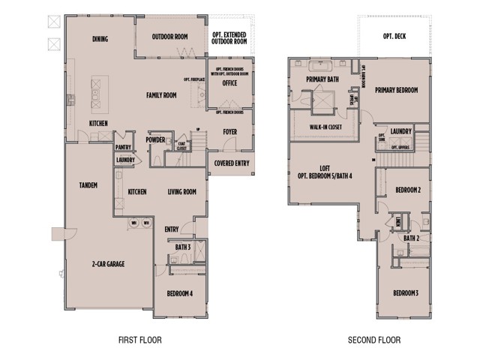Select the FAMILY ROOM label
[x=160, y=95]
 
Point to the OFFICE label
[x=230, y=83]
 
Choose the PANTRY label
[x=124, y=148]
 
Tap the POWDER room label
[x=156, y=139]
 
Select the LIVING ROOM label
[x=181, y=192]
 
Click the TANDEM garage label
[x=88, y=184]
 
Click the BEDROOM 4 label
[x=180, y=293]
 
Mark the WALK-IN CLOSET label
[x=327, y=127]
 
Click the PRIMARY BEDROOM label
[x=397, y=87]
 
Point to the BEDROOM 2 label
[x=408, y=190]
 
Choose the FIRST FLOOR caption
[x=140, y=340]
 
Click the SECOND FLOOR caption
[x=373, y=340]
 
